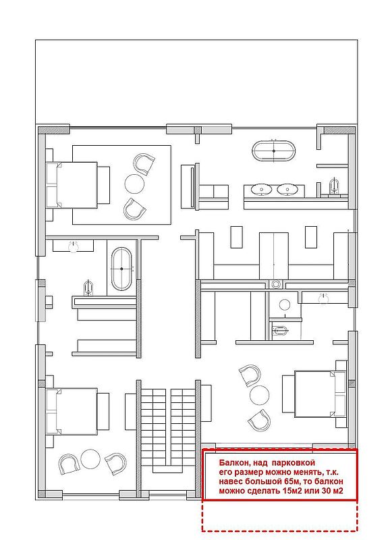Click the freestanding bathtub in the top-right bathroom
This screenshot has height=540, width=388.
point(274,151)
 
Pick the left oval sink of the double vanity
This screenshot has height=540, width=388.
point(261,189)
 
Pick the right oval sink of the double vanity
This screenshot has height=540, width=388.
point(287,189)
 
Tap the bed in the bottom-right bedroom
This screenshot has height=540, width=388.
point(314,394)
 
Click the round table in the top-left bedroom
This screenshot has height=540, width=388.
point(134,184)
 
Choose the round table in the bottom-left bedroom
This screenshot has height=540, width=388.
point(90,459)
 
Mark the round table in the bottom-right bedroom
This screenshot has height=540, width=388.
point(259,396)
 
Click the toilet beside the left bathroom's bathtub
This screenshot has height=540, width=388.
point(88,288)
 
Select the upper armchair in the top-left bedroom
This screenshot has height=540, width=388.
point(143,163)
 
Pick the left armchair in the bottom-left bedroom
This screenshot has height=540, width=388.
point(70,464)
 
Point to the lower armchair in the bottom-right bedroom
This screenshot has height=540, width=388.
point(260,420)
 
